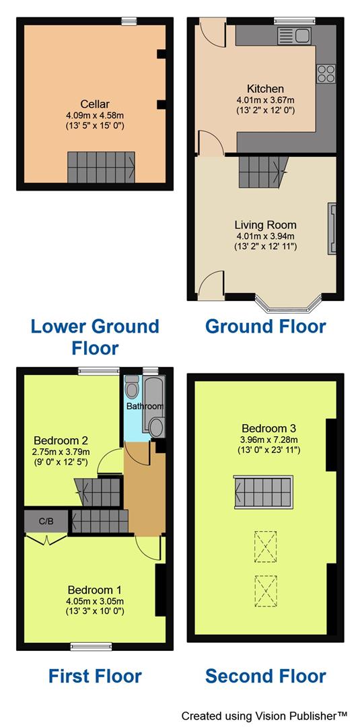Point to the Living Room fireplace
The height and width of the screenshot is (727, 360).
331,229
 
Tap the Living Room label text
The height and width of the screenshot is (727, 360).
265,225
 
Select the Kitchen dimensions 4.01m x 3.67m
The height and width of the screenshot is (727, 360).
265,100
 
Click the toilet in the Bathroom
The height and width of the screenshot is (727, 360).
132,388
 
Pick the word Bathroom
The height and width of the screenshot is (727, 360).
145,407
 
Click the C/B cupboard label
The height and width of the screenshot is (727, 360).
46,521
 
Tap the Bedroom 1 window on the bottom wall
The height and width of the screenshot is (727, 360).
86,646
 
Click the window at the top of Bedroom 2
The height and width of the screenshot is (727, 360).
98,370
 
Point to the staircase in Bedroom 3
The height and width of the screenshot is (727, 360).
264,491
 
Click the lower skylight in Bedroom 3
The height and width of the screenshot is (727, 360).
265,590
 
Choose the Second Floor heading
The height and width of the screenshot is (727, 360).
265,676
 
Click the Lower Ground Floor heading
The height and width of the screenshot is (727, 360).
95,337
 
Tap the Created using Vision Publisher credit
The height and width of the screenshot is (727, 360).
264,715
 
